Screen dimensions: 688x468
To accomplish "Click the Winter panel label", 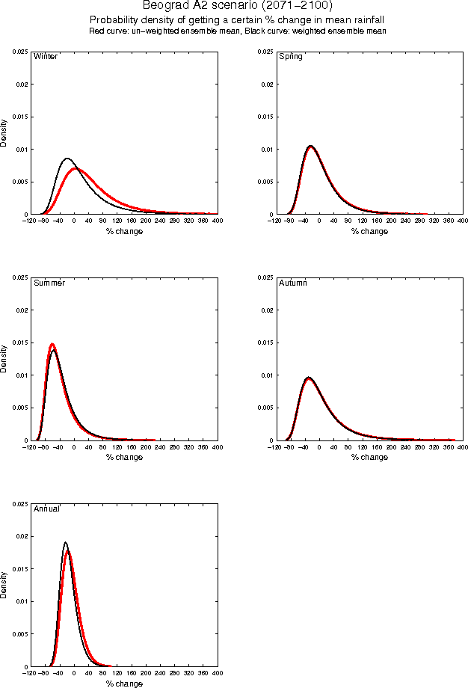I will point(46,57).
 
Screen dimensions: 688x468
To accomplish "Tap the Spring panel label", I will point(290,57).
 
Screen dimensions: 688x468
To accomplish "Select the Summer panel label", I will point(49,283).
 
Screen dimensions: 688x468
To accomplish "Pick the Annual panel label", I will point(47,509).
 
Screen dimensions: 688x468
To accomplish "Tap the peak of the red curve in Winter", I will point(78,168).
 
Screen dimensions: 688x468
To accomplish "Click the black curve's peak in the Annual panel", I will point(66,542).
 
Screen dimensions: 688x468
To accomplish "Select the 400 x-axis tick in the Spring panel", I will point(462,221).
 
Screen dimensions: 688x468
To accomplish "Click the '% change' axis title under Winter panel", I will point(124,231).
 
